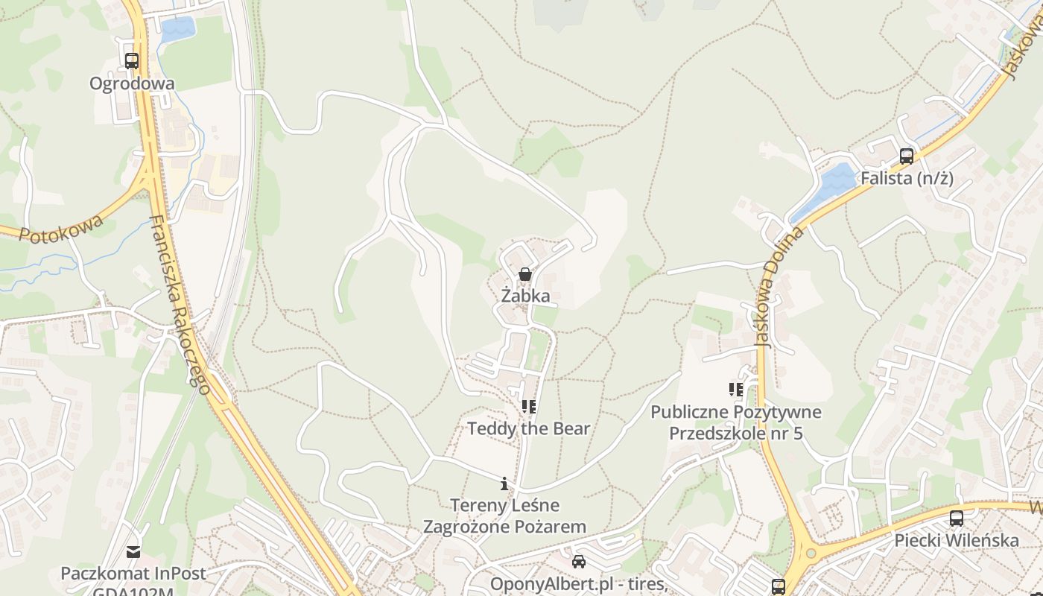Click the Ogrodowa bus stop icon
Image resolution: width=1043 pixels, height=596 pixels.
click(132, 61)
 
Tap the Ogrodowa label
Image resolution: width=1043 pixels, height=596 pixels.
click(132, 83)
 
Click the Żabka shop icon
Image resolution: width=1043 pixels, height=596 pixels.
click(525, 275)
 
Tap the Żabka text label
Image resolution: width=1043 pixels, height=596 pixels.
click(525, 296)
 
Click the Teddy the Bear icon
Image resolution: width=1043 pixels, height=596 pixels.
click(529, 407)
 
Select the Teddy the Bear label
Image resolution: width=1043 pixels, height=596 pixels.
click(528, 428)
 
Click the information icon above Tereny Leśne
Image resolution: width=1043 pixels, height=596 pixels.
click(504, 484)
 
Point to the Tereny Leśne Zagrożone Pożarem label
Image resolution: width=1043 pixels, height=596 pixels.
click(504, 516)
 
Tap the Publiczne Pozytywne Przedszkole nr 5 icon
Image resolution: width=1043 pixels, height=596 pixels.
click(736, 389)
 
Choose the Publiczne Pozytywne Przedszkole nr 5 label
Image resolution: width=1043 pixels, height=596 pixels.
click(736, 422)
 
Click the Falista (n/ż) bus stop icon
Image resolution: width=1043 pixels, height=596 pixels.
click(906, 156)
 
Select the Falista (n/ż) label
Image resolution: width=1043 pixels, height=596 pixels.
click(907, 178)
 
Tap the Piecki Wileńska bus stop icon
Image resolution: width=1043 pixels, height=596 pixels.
click(957, 519)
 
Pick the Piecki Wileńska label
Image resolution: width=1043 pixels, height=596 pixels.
click(957, 540)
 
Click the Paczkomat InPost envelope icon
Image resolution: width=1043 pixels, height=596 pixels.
click(133, 552)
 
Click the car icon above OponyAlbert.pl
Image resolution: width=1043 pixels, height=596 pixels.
click(579, 562)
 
